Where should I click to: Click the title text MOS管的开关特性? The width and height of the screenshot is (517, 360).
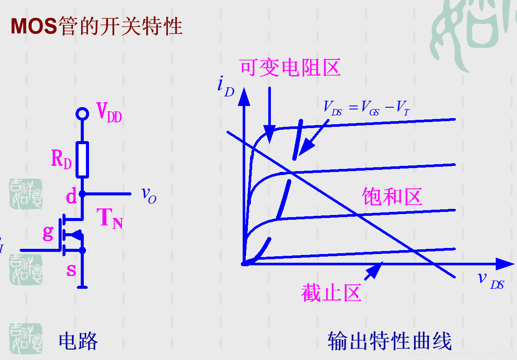(x=96, y=26)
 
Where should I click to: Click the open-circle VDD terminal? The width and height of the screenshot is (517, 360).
(x=82, y=114)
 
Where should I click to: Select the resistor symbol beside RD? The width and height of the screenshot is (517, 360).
(x=82, y=159)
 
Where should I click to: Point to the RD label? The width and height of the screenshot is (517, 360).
(x=61, y=159)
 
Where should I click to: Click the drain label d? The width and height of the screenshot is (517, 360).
(x=71, y=197)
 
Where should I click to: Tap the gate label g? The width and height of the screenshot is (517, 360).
(x=48, y=233)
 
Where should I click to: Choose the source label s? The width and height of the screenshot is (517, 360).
(x=71, y=270)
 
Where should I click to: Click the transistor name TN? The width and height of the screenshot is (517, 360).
(x=109, y=218)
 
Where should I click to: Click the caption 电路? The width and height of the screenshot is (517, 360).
(x=78, y=341)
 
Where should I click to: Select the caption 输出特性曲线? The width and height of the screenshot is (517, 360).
(x=389, y=341)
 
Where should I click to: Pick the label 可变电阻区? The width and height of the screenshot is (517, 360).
(x=290, y=68)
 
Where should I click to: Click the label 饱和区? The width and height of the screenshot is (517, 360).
(x=392, y=197)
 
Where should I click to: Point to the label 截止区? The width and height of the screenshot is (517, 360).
(x=331, y=294)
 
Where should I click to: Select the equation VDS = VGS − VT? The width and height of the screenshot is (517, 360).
(x=366, y=108)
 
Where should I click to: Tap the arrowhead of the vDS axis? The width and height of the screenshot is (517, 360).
(x=504, y=264)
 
